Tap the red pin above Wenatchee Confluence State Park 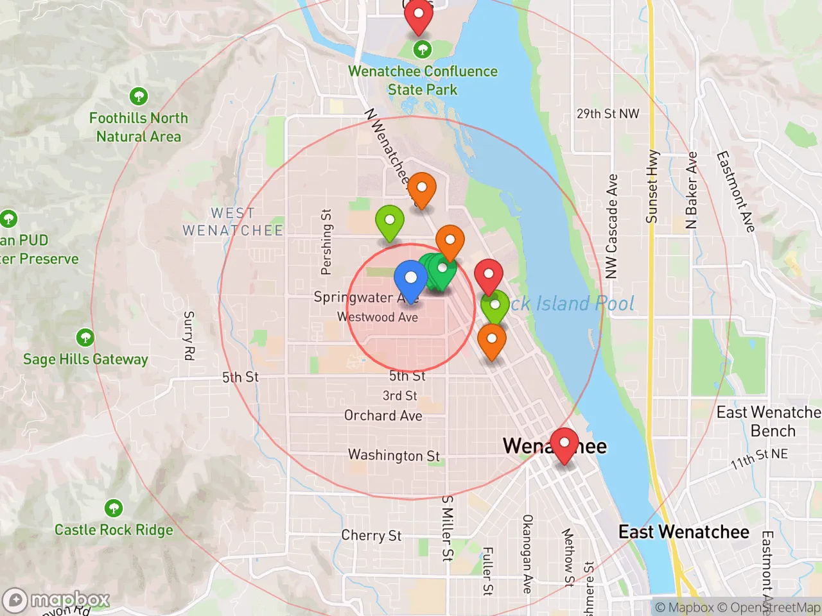click(418, 15)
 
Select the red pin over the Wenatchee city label click(564, 444)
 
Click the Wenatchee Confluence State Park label click(423, 80)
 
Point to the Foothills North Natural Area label click(139, 127)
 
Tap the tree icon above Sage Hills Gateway click(85, 337)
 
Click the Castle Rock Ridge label click(114, 530)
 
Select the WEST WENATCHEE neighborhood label click(232, 221)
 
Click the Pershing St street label click(326, 242)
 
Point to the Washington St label click(394, 455)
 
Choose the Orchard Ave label click(383, 416)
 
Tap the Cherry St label click(371, 535)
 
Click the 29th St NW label click(608, 114)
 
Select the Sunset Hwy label click(652, 187)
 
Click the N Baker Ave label click(692, 190)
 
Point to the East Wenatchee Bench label click(769, 422)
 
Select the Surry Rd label click(189, 336)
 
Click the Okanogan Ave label click(527, 553)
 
